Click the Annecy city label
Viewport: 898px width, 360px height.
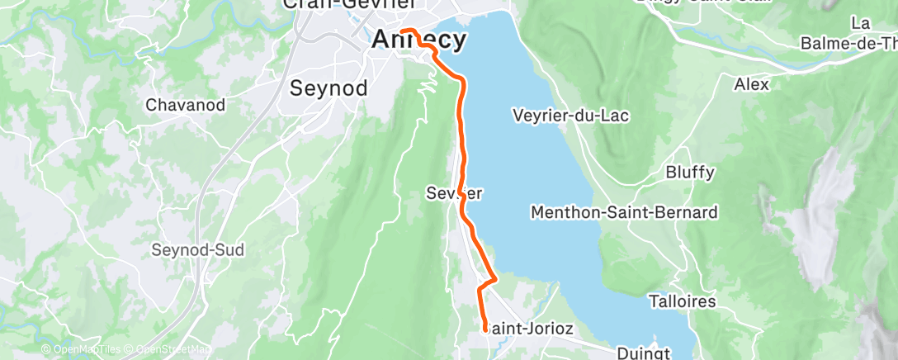pyautogui.click(x=419, y=39)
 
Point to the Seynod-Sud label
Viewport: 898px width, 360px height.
pyautogui.click(x=198, y=250)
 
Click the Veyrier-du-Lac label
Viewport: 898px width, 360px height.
pyautogui.click(x=570, y=116)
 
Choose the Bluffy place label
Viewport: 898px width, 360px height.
pyautogui.click(x=690, y=173)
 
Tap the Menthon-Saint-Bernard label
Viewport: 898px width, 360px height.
pyautogui.click(x=624, y=213)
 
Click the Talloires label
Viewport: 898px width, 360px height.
pyautogui.click(x=683, y=301)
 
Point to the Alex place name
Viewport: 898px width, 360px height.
pyautogui.click(x=751, y=84)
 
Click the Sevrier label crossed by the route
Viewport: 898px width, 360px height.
pyautogui.click(x=453, y=193)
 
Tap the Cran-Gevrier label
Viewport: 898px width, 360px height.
pyautogui.click(x=348, y=4)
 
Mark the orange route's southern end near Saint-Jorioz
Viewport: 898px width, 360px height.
pyautogui.click(x=484, y=330)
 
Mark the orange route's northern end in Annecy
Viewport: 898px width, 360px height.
pyautogui.click(x=404, y=31)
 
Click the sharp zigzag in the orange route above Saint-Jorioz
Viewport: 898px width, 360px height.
pyautogui.click(x=493, y=279)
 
